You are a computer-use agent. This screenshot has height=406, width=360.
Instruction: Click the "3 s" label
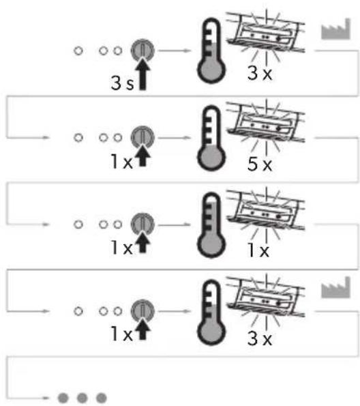[123, 83]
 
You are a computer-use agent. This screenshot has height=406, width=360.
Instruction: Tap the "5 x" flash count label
[260, 164]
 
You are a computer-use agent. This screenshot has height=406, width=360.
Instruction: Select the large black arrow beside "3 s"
[142, 74]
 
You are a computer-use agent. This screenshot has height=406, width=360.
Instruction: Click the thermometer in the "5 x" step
[211, 138]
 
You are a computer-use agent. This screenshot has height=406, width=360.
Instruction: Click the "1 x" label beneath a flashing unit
[258, 250]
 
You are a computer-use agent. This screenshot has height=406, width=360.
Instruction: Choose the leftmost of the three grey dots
[63, 397]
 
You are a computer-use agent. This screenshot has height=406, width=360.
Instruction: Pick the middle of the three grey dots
[82, 397]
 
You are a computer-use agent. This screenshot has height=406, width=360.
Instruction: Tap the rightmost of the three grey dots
[101, 397]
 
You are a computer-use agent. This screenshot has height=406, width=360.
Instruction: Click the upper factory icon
[335, 29]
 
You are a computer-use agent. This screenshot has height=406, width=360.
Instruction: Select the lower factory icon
[335, 287]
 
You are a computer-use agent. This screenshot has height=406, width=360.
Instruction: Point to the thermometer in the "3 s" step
[211, 50]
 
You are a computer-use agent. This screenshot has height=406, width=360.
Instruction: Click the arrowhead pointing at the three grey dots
[46, 397]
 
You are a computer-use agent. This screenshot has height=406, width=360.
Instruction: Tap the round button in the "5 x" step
[142, 137]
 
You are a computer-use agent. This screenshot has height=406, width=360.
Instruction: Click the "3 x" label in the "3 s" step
[260, 73]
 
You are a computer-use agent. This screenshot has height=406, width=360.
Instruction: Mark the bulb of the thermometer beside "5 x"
[211, 158]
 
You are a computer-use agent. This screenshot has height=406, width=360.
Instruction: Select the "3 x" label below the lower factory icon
[260, 338]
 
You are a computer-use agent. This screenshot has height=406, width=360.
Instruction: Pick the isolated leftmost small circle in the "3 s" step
[78, 50]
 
